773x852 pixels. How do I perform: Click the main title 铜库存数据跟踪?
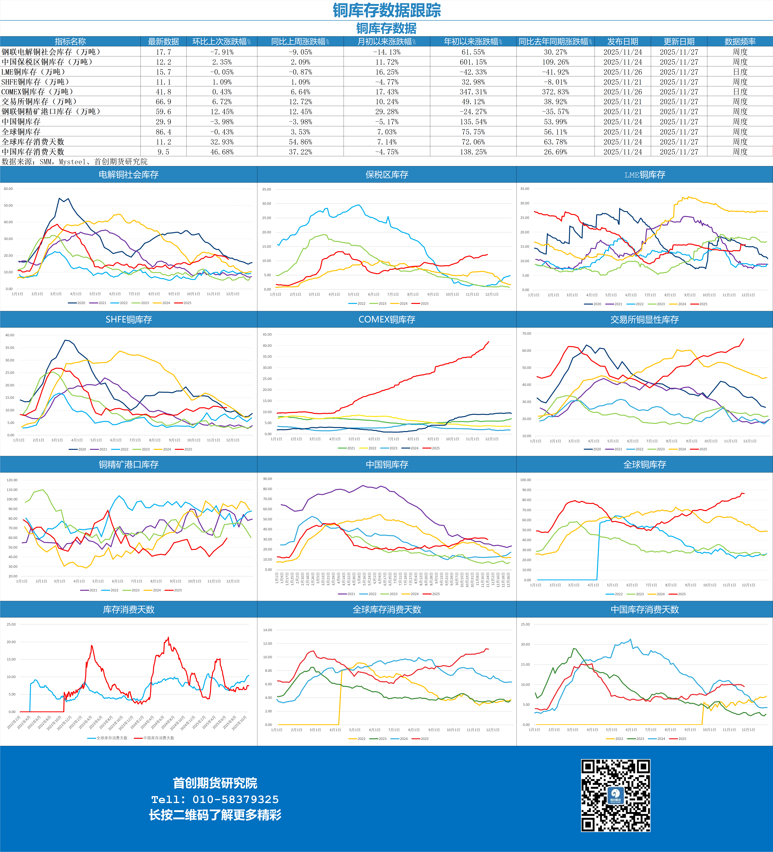387,10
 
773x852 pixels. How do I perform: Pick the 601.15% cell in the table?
473,62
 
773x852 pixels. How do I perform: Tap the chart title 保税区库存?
387,175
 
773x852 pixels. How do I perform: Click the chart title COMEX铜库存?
387,320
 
